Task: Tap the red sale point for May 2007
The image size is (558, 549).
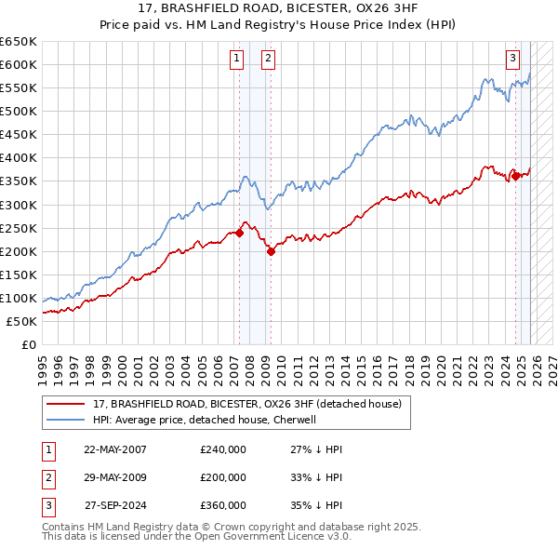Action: (239, 233)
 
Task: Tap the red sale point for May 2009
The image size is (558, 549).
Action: (271, 251)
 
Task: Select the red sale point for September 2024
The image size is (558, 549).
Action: (515, 175)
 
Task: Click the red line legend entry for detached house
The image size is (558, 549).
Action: (246, 404)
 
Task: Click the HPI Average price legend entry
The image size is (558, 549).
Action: (205, 420)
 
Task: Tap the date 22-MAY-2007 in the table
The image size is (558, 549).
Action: (115, 449)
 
